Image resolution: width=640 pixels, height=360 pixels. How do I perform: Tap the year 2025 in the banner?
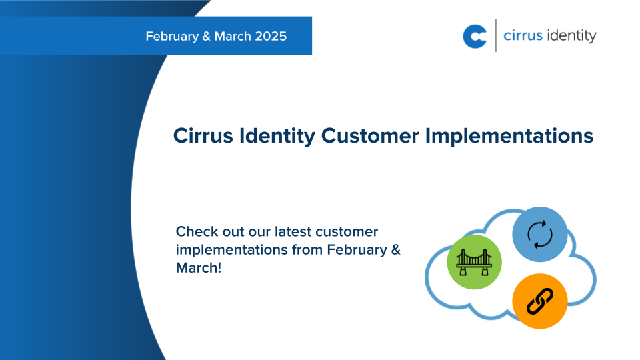click(x=271, y=36)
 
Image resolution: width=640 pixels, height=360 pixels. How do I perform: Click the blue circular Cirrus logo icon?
click(x=475, y=36)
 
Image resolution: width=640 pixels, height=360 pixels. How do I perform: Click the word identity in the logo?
click(x=571, y=36)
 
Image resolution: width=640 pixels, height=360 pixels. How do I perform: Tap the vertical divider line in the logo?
click(x=496, y=36)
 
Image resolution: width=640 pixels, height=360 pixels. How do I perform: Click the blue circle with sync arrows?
click(x=539, y=235)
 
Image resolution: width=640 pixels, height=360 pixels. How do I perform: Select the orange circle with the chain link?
click(x=539, y=301)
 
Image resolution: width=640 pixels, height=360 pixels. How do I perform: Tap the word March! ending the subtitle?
click(x=198, y=267)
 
